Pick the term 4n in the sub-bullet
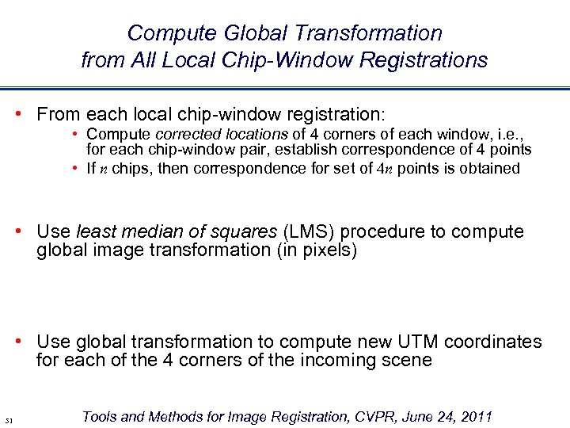point(384,168)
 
